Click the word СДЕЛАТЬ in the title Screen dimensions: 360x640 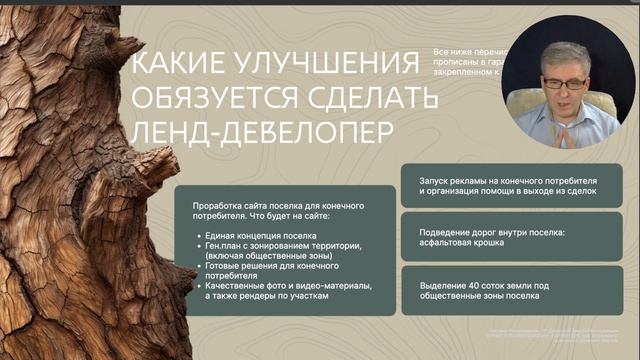coord(384,99)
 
